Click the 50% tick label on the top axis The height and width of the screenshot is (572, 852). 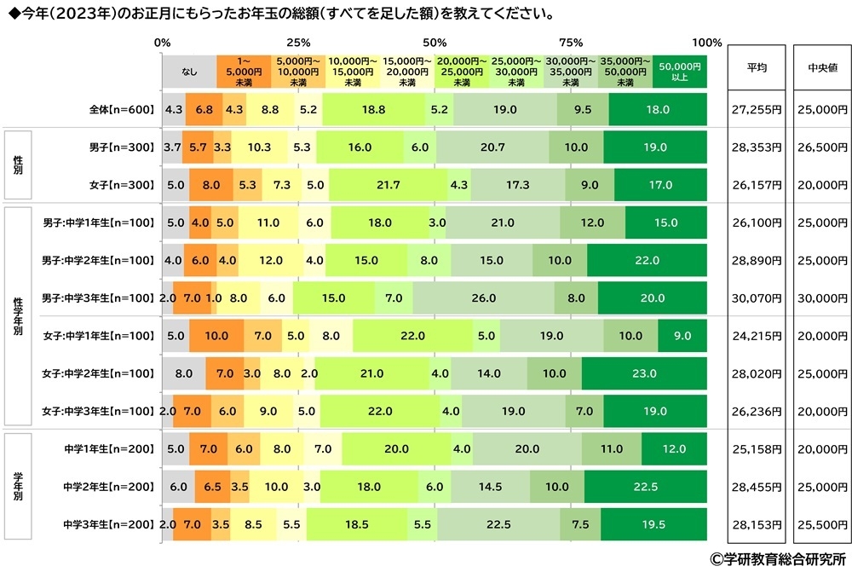(435, 43)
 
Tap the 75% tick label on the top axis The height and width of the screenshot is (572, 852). (570, 43)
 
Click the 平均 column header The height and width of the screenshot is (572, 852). (757, 68)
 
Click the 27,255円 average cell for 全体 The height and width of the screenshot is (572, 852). (757, 110)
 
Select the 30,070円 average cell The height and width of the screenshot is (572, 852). (757, 298)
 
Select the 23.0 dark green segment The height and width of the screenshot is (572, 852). (644, 373)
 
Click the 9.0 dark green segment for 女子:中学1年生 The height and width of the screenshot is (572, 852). (682, 336)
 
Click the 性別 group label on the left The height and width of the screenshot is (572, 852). (18, 165)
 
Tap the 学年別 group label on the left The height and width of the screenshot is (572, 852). (18, 486)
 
